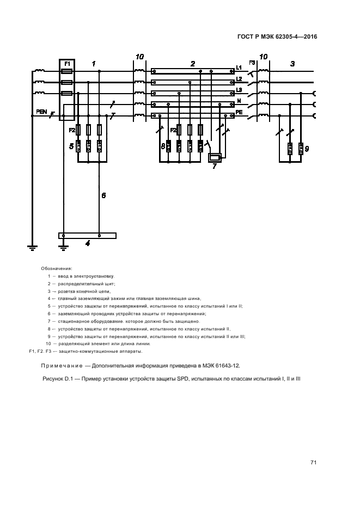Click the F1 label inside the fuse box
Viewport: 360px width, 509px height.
click(x=67, y=64)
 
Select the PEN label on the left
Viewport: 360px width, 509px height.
click(x=41, y=112)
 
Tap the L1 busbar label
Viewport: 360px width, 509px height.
click(x=239, y=68)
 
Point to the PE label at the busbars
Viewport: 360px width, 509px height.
click(x=239, y=112)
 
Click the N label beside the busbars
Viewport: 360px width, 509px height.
click(x=239, y=101)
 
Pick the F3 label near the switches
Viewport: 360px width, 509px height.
click(x=252, y=63)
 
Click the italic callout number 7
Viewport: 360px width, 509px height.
click(x=214, y=166)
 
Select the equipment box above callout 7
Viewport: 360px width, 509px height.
click(x=215, y=157)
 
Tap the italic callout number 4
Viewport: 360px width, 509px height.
click(x=87, y=243)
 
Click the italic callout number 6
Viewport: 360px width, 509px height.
click(x=103, y=195)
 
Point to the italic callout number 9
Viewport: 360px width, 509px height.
click(x=306, y=148)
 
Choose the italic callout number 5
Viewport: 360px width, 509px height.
click(x=71, y=146)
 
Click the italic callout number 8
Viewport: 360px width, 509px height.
click(x=162, y=146)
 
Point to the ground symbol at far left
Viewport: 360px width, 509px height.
click(x=32, y=248)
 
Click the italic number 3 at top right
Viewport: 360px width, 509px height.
click(x=292, y=64)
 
